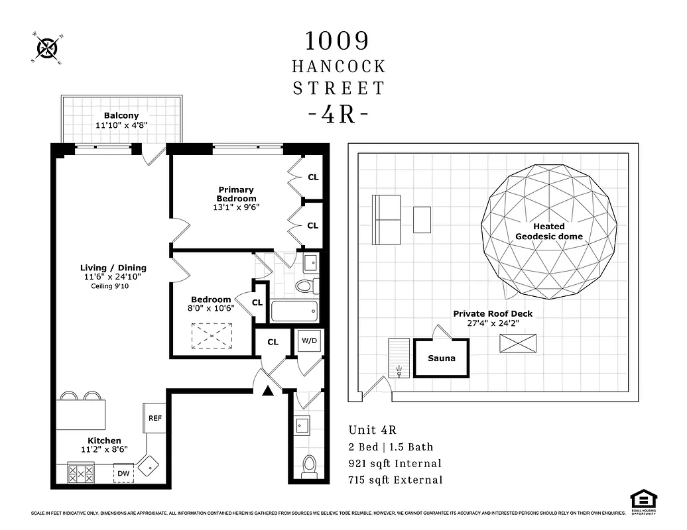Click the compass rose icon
pyautogui.click(x=48, y=48)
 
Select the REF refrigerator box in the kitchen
pyautogui.click(x=154, y=418)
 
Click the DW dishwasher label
pyautogui.click(x=123, y=473)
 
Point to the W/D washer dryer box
pyautogui.click(x=309, y=342)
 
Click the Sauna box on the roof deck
pyautogui.click(x=441, y=358)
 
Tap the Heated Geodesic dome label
pyautogui.click(x=548, y=231)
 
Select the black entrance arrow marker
pyautogui.click(x=267, y=391)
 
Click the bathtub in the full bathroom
pyautogui.click(x=294, y=311)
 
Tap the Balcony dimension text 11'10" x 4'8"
pyautogui.click(x=121, y=125)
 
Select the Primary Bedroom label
pyautogui.click(x=236, y=194)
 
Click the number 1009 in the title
pyautogui.click(x=337, y=41)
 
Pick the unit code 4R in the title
pyautogui.click(x=338, y=114)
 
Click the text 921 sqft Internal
pyautogui.click(x=395, y=464)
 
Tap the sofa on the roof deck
pyautogui.click(x=386, y=219)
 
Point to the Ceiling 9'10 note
pyautogui.click(x=111, y=286)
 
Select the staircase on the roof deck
pyautogui.click(x=399, y=358)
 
